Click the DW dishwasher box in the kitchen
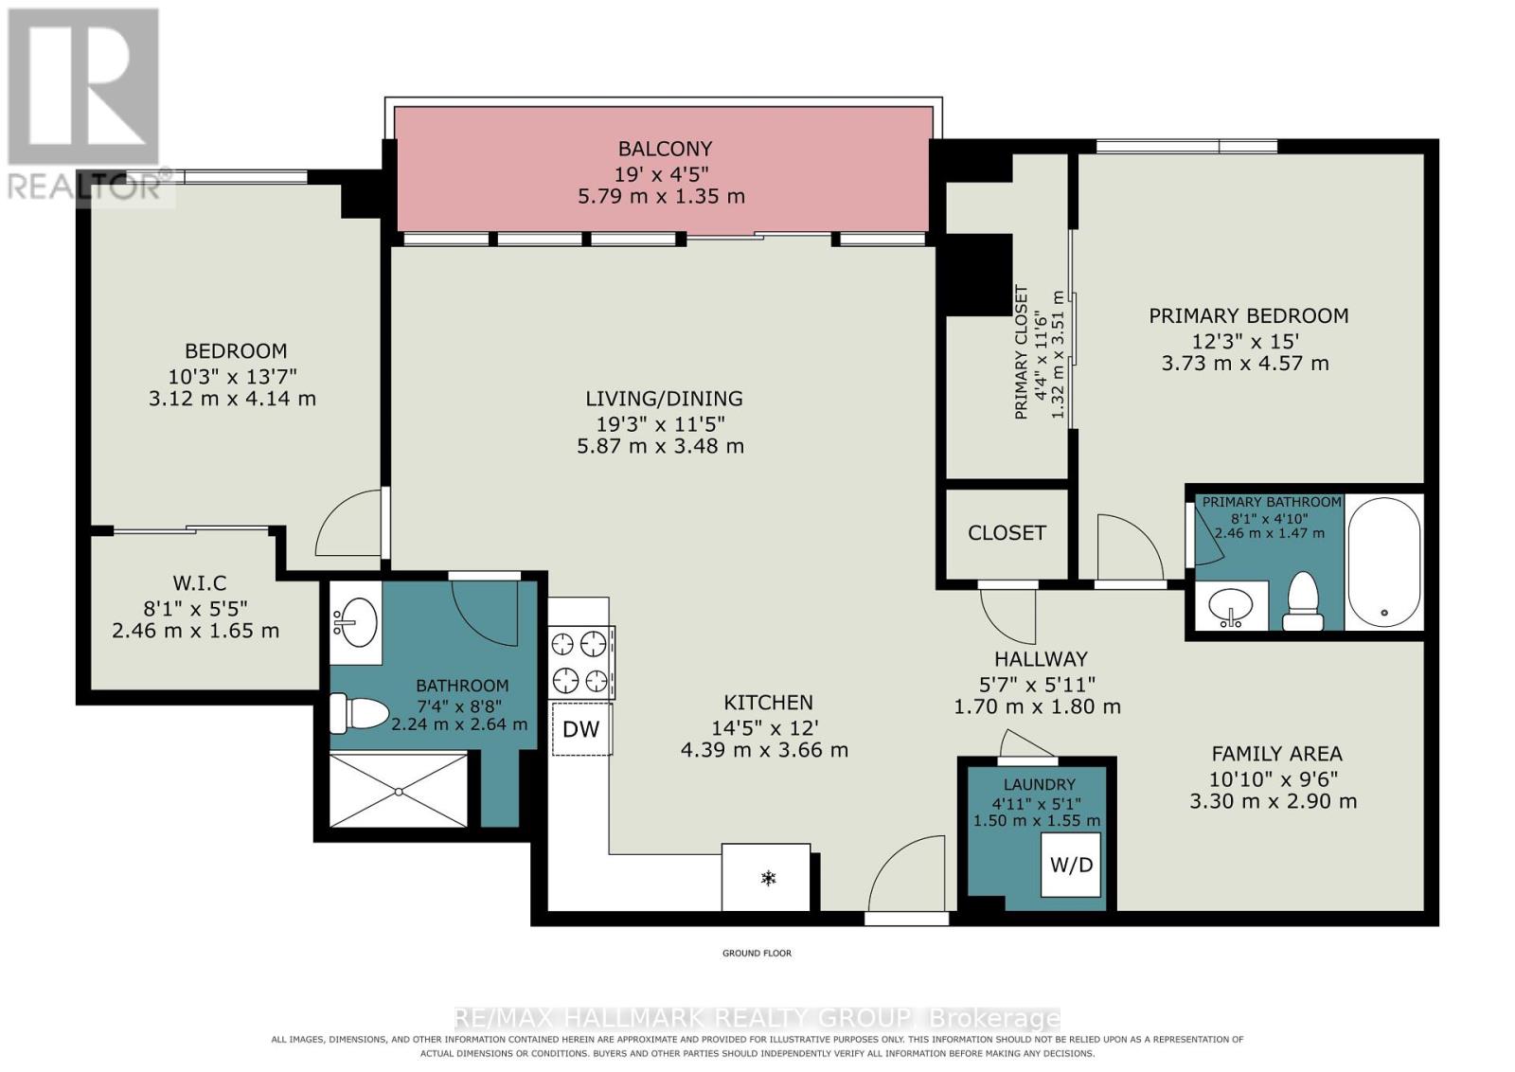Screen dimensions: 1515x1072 [581, 729]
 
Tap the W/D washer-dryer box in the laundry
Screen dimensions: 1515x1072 [1071, 865]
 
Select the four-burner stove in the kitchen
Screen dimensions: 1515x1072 [580, 662]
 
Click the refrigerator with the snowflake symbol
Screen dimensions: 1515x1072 [766, 877]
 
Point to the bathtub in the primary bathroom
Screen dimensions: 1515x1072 [1383, 562]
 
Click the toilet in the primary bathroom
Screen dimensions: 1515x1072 [1302, 601]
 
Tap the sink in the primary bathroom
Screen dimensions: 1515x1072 [1232, 605]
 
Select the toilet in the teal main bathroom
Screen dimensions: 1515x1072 [359, 713]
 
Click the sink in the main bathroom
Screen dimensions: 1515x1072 [355, 621]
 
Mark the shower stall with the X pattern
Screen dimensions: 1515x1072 [399, 791]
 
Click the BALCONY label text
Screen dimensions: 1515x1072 [665, 148]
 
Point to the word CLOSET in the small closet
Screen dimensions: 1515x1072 [1007, 533]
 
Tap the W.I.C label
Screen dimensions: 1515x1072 [200, 582]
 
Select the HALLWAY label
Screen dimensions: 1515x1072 [1041, 659]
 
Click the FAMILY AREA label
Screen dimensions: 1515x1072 [1276, 754]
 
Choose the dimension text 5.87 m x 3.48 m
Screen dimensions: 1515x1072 [660, 446]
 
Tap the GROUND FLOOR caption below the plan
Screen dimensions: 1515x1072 [757, 953]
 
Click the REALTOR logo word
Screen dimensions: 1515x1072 [84, 188]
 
